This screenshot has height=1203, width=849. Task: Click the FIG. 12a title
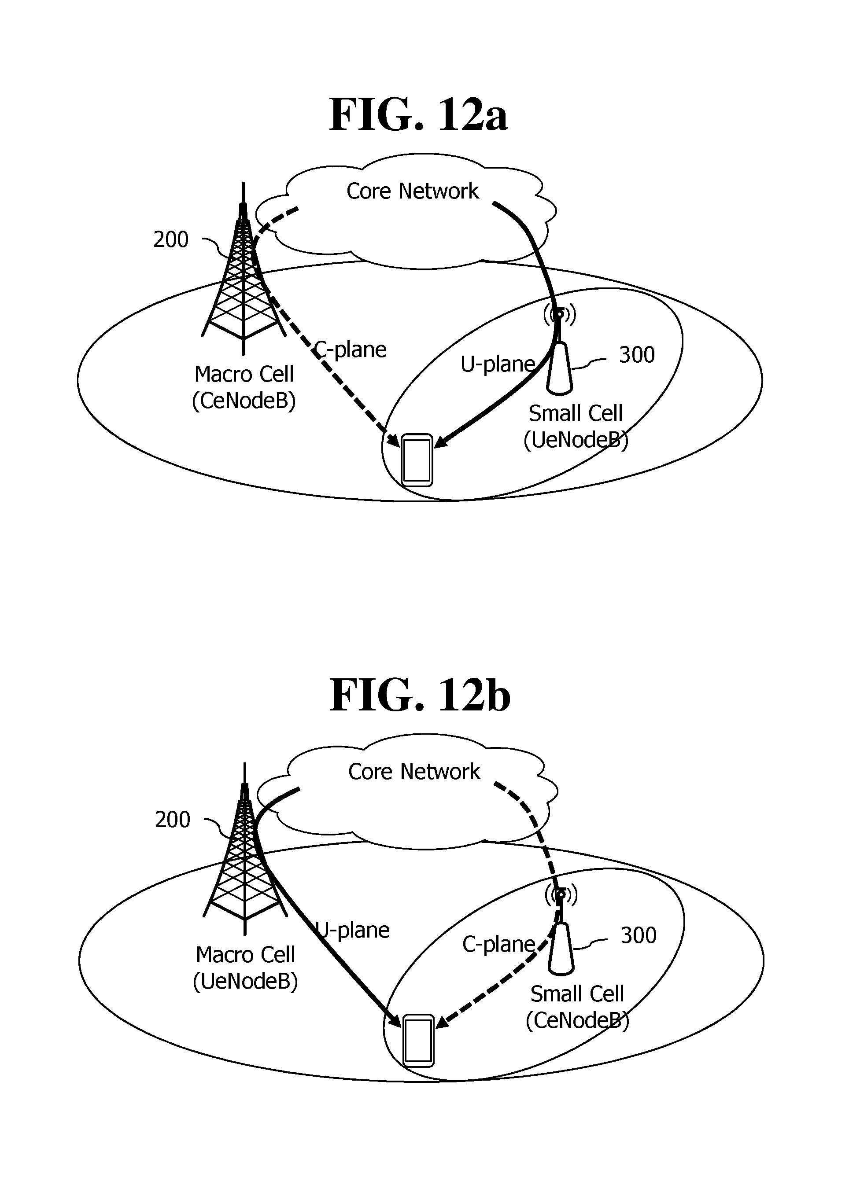(x=418, y=115)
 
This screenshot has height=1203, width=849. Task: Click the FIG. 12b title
(x=420, y=695)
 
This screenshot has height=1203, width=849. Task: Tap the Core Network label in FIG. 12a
(x=413, y=191)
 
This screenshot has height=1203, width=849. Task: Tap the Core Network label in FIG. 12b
(x=414, y=772)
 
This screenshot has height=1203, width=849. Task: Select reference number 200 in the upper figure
(x=171, y=239)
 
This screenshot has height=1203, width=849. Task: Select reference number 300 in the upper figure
(x=637, y=355)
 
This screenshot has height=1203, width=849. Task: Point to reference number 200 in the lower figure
(x=173, y=820)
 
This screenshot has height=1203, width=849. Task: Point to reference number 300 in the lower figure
(x=639, y=935)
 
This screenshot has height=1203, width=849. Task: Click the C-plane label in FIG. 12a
(x=350, y=349)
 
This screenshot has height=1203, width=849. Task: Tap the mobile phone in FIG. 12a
(x=417, y=460)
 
